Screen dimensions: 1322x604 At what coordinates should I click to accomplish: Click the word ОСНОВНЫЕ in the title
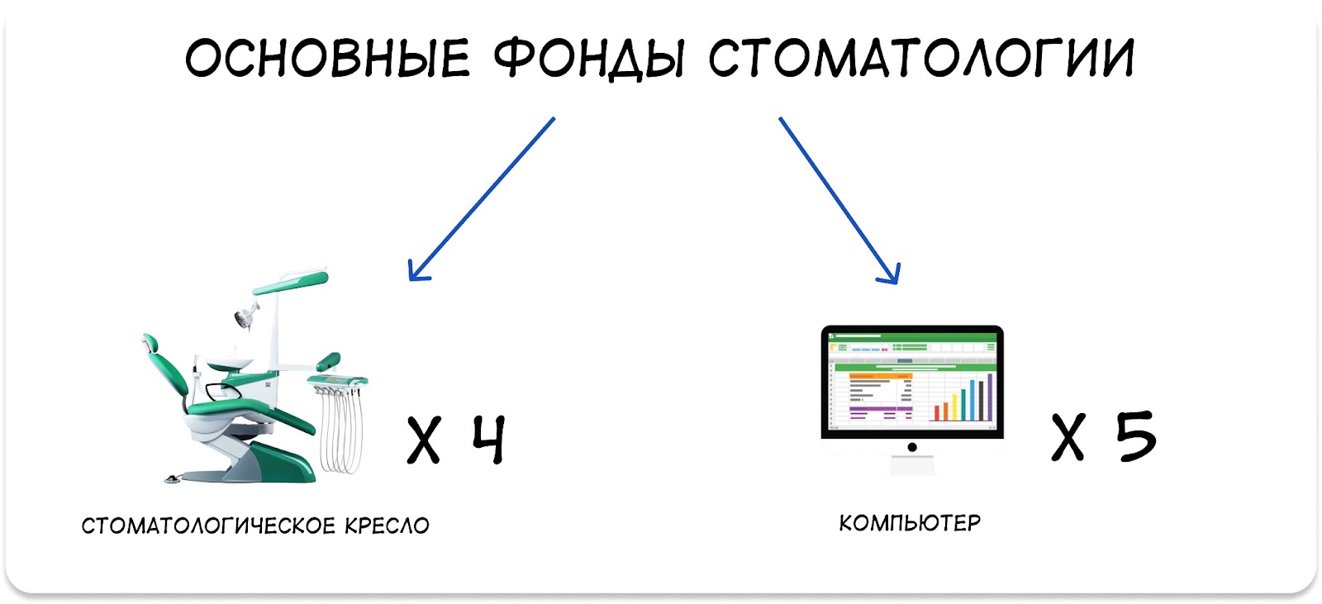pos(327,57)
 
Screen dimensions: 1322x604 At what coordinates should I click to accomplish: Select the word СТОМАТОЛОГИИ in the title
pos(921,57)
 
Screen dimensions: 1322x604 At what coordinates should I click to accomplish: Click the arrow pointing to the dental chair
pos(482,199)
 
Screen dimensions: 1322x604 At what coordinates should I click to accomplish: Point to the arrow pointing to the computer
pos(839,201)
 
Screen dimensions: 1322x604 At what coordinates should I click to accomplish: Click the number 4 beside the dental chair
pos(489,439)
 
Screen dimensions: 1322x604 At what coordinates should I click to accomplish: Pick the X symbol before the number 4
pos(424,440)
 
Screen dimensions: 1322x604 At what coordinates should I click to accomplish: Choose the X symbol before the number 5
pos(1068,437)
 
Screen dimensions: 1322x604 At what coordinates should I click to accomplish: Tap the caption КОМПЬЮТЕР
pos(910,523)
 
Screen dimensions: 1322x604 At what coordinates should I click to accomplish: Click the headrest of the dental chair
pos(150,343)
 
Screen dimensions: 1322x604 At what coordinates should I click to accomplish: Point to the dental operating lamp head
pos(244,319)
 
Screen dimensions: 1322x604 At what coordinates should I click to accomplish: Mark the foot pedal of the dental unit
pos(173,479)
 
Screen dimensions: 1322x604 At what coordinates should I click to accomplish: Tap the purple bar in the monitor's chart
pos(990,388)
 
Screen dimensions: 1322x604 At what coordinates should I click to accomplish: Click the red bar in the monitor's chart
pos(937,412)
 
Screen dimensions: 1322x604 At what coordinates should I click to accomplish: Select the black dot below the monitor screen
pos(912,447)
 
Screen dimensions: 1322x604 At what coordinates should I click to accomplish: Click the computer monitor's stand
pos(912,466)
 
